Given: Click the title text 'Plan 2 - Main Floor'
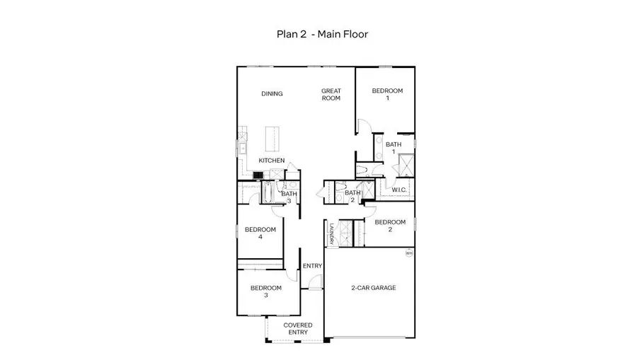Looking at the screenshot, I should (321, 33).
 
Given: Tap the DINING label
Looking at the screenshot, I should (272, 94).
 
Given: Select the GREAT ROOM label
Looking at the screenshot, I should (331, 94).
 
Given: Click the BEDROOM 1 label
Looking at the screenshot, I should (387, 94).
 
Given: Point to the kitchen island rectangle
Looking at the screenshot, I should (272, 139).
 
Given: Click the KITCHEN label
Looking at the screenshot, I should (271, 161).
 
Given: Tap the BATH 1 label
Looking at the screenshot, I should (394, 148).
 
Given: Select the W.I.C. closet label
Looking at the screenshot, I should (398, 189).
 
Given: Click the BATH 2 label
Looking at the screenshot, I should (352, 196).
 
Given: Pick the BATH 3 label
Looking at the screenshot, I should (289, 197).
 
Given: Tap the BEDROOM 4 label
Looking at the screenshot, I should (260, 233).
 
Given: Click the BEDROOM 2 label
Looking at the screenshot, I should (390, 225).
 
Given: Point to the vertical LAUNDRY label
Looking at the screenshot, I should (331, 235).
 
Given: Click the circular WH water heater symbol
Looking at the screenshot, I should (408, 252).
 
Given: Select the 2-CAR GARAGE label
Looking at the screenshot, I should (372, 288).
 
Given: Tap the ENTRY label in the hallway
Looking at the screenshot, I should (312, 266).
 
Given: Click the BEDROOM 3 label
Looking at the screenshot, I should (266, 291).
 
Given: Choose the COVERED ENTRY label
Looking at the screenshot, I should (298, 328).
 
